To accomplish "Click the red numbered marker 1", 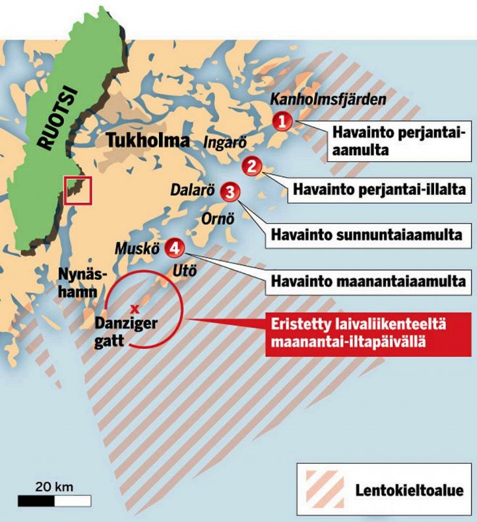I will tap(282, 121).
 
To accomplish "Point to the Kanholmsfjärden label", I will tap(328, 99).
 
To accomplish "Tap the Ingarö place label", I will tap(222, 141).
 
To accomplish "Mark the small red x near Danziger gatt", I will tap(135, 307).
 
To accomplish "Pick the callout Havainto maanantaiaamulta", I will tap(368, 283).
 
